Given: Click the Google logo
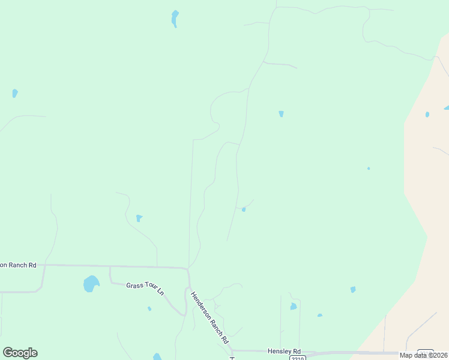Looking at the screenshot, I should tap(20, 353).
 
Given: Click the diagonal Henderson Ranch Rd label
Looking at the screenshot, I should tap(210, 317).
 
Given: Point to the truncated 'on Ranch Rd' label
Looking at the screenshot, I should tap(18, 265).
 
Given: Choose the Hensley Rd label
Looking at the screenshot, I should tap(285, 351).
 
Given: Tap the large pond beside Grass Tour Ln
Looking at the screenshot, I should tap(91, 283).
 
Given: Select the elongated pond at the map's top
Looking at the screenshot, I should tap(175, 18).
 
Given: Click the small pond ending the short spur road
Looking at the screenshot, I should tap(244, 209).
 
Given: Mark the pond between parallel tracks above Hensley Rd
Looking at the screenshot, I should tap(293, 306).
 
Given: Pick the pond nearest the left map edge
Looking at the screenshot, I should tap(14, 93).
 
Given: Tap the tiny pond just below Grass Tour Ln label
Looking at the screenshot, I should tap(149, 308).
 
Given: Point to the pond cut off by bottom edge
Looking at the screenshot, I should tap(157, 357).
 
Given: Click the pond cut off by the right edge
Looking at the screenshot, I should tap(446, 108).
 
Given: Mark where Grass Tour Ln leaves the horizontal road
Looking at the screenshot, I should tap(110, 268).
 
